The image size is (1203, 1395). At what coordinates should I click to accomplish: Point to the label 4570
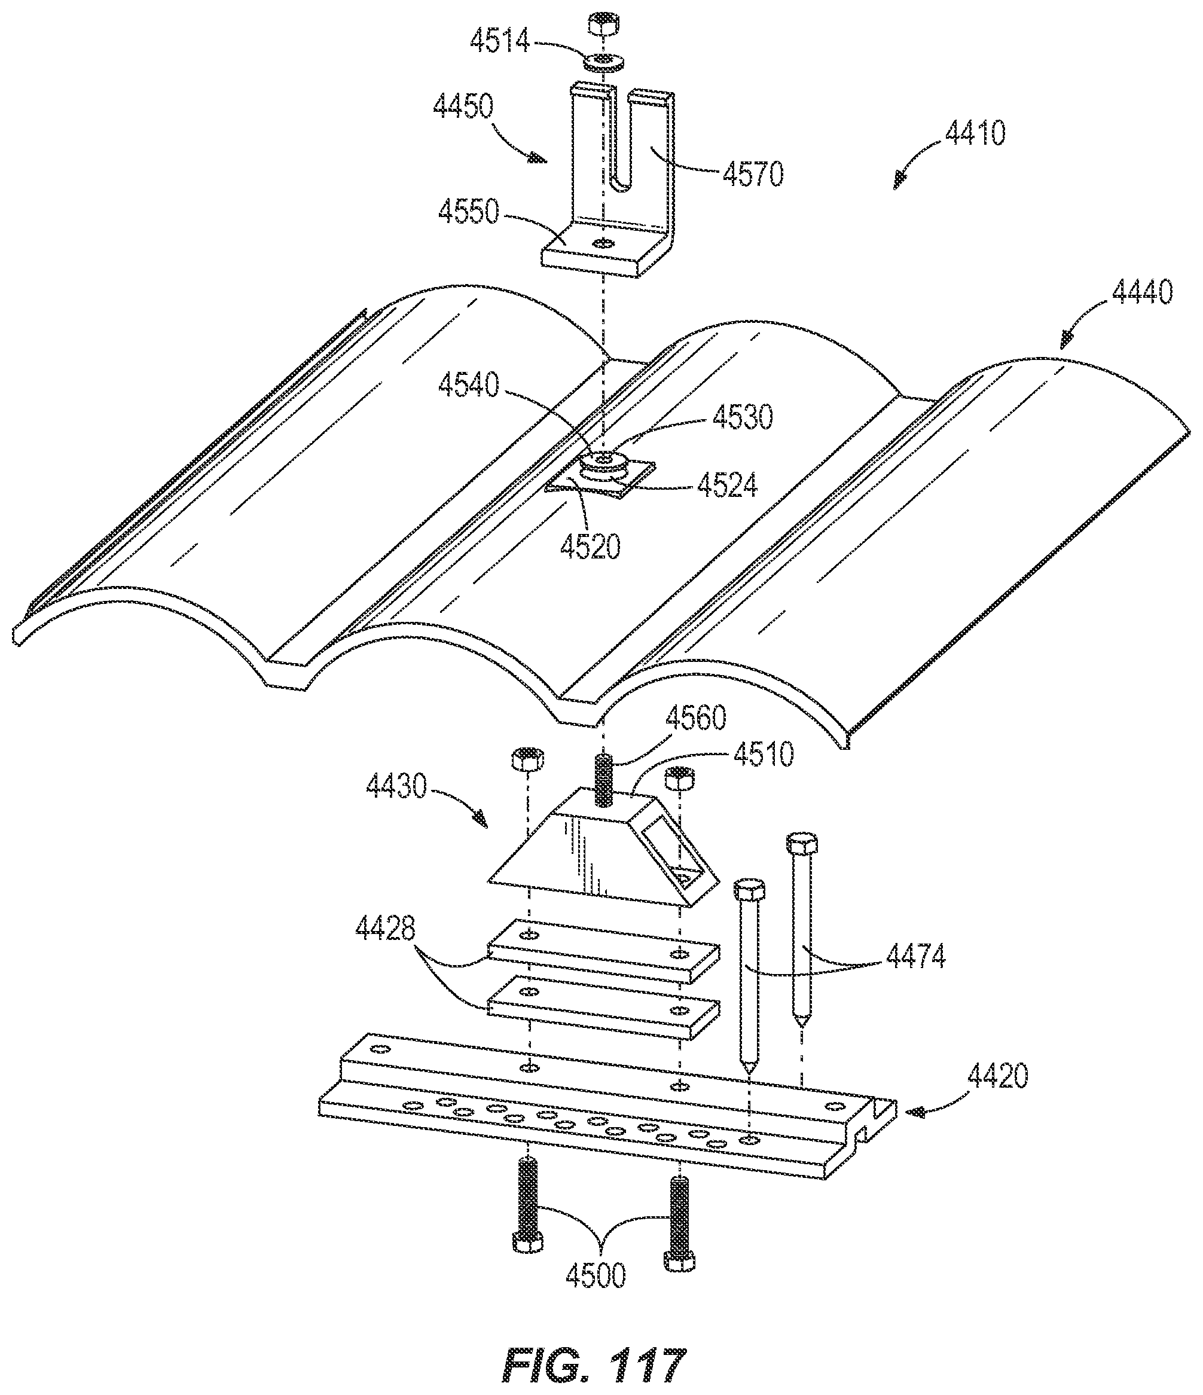coord(753,175)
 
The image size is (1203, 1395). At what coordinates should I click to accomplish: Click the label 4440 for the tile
coord(1143,292)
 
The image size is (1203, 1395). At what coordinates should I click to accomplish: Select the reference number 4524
coord(727,486)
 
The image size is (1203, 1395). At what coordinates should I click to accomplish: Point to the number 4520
coord(590,547)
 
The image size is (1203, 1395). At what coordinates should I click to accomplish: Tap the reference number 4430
coord(396,786)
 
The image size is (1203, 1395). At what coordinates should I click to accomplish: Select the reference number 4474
coord(915,956)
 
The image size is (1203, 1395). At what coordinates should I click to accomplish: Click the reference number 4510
coord(764,755)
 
